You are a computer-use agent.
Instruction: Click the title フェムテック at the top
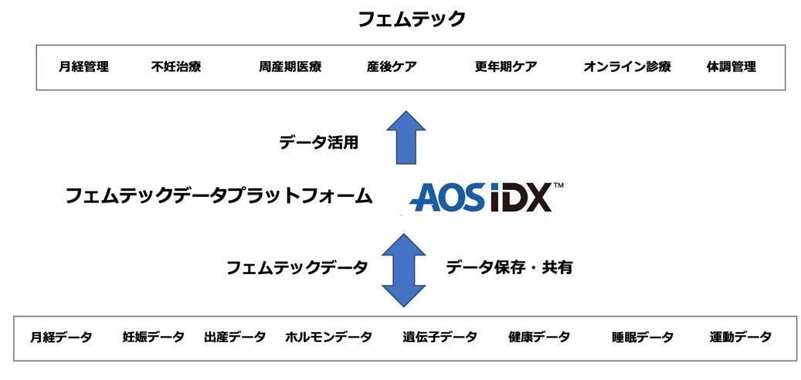click(x=411, y=19)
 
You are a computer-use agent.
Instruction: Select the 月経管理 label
click(x=83, y=66)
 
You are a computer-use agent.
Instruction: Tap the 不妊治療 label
click(x=176, y=66)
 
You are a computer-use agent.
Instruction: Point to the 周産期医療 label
click(x=290, y=66)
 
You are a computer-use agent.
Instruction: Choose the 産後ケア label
click(x=392, y=66)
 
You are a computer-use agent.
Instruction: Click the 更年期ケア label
click(x=506, y=66)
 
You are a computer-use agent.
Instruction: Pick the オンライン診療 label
click(x=627, y=66)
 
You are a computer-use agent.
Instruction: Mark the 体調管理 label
click(x=731, y=66)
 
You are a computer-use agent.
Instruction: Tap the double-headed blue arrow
click(x=404, y=270)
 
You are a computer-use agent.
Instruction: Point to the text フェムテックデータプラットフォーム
click(x=218, y=196)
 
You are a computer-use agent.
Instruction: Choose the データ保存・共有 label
click(x=509, y=267)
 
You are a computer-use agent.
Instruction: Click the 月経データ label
click(x=61, y=337)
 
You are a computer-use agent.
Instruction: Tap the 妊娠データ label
click(x=154, y=337)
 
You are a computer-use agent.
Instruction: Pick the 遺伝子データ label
click(x=440, y=337)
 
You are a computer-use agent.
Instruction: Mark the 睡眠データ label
click(x=643, y=337)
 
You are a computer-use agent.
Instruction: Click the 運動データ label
click(x=741, y=337)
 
